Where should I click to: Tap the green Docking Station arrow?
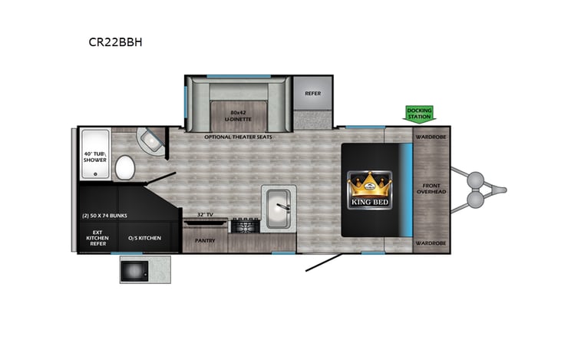[x=419, y=113]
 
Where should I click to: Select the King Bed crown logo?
[x=371, y=189]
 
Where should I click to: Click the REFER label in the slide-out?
[x=312, y=94]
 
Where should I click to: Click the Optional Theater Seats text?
[x=237, y=137]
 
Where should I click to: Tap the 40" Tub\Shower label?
[x=95, y=157]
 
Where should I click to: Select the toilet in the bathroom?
[x=125, y=166]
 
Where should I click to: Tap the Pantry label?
[x=204, y=240]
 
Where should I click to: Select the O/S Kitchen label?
[x=145, y=239]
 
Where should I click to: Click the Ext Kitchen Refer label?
[x=97, y=239]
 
